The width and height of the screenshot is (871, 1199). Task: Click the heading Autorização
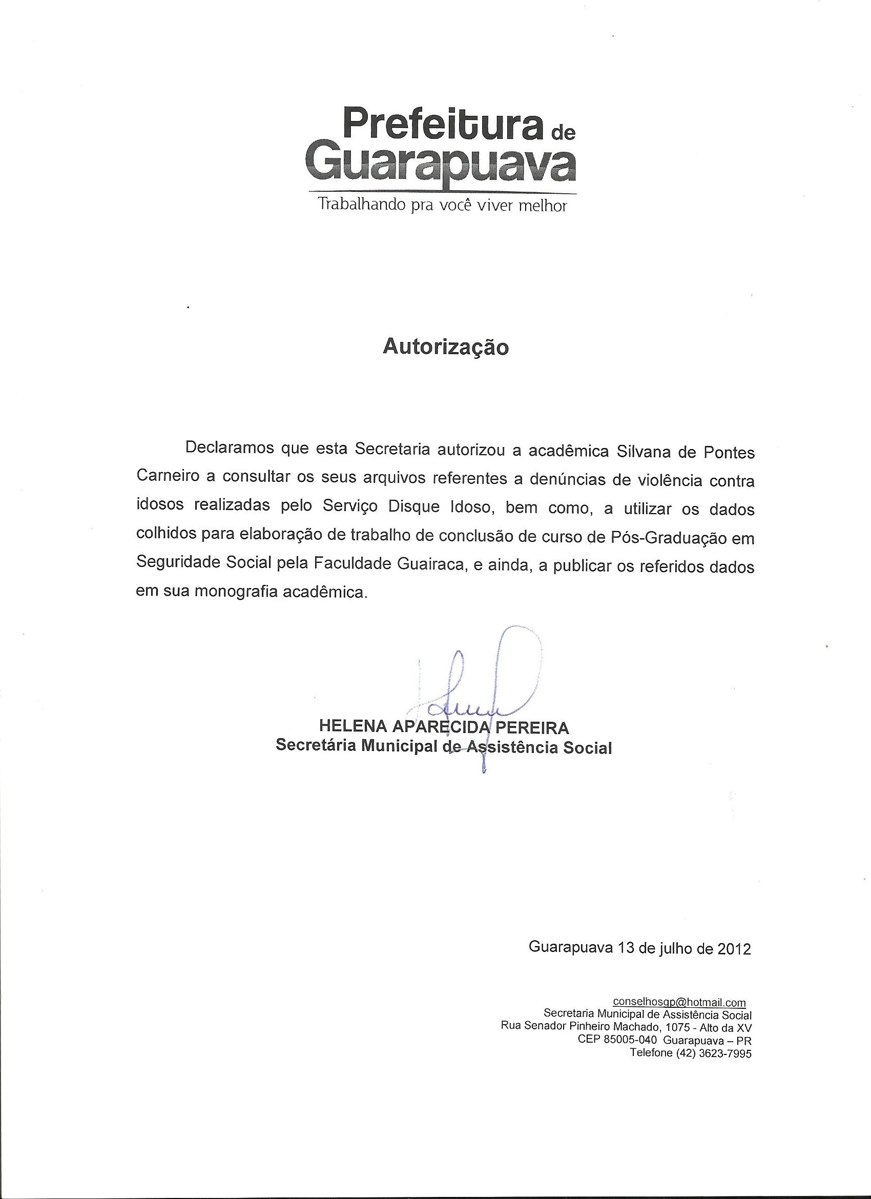click(x=446, y=347)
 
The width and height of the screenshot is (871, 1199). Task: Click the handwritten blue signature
click(x=475, y=687)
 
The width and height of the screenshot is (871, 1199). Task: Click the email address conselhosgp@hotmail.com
click(x=679, y=1003)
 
